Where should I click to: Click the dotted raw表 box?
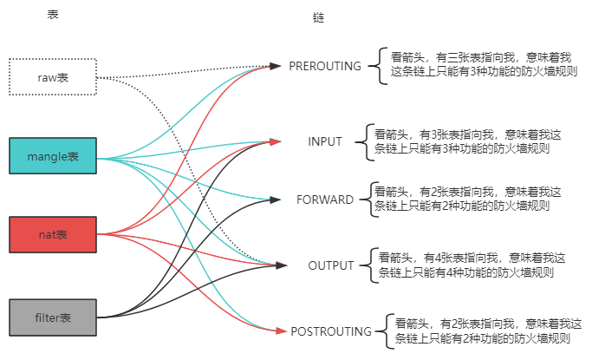coord(52,77)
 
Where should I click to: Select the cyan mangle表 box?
coord(52,157)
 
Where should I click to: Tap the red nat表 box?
coord(52,234)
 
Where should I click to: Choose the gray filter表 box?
coord(52,316)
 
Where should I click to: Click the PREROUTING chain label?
coord(324,66)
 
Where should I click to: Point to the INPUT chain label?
coord(325,141)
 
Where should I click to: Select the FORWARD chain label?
coord(325,200)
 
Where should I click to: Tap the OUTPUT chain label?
coord(325,265)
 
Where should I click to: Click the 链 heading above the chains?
coord(317,18)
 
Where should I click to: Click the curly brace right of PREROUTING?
coord(374,65)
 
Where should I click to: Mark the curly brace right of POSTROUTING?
coord(381,331)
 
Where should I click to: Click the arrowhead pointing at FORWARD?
coord(276,200)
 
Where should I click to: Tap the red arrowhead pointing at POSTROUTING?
coord(280,331)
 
